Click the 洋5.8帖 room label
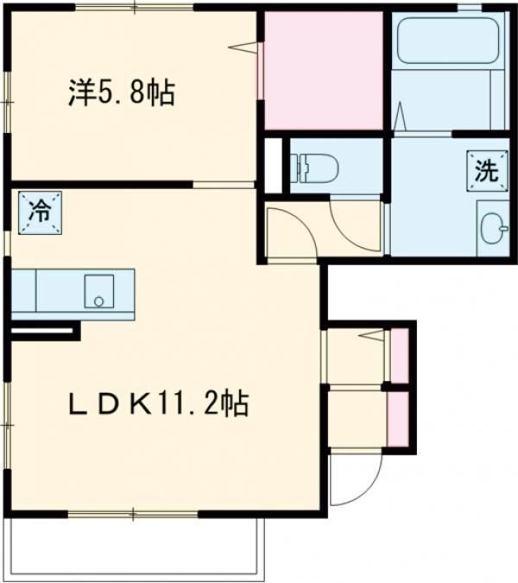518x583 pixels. [x=121, y=92]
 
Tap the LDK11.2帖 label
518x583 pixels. [x=160, y=402]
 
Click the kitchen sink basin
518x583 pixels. [x=98, y=291]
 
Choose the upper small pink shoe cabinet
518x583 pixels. [x=400, y=355]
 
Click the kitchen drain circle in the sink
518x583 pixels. [x=98, y=301]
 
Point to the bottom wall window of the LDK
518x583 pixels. [x=134, y=515]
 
